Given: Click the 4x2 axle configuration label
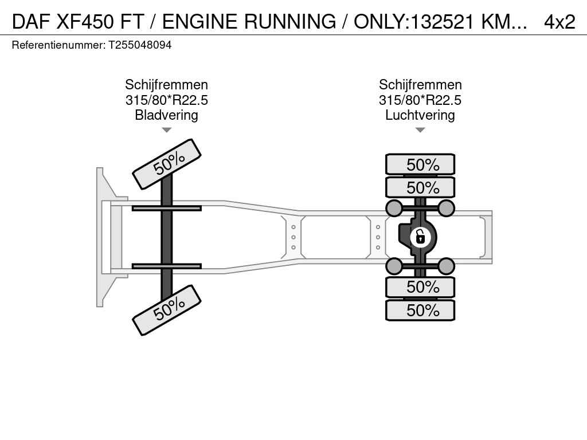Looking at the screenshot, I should coord(559,21).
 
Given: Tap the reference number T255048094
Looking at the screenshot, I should coord(140,45).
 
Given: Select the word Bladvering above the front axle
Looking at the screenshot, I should coord(166,115).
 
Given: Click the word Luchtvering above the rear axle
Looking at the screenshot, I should coord(420,115).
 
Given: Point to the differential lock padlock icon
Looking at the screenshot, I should coord(420,235).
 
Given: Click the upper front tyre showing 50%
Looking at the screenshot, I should coord(167,164).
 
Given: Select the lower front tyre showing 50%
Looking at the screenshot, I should coord(167,310).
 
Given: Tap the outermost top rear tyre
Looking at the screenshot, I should coord(420,164).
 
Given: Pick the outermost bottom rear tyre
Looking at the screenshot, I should coord(420,311).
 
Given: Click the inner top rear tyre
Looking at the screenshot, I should coord(420,187).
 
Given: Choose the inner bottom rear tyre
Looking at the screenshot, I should coord(420,286).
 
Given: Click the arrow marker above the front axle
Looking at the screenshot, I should coord(166,130).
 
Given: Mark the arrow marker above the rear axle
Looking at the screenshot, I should coord(420,130).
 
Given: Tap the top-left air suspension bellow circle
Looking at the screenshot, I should coord(394,207).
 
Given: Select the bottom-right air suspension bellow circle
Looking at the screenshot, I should coord(446,266).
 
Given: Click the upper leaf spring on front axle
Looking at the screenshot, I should coord(166,208).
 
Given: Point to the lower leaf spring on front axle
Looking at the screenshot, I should coord(166,266).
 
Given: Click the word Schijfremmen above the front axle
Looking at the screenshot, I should coord(166,85).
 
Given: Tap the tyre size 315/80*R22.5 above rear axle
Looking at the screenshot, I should coord(420,100).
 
